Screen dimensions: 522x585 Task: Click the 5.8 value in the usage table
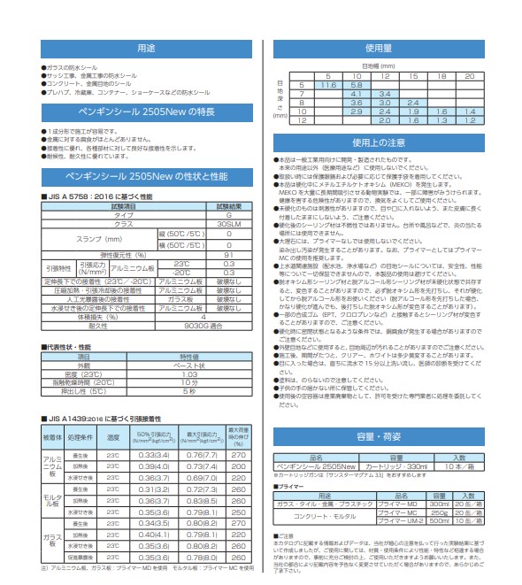pyautogui.click(x=357, y=84)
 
